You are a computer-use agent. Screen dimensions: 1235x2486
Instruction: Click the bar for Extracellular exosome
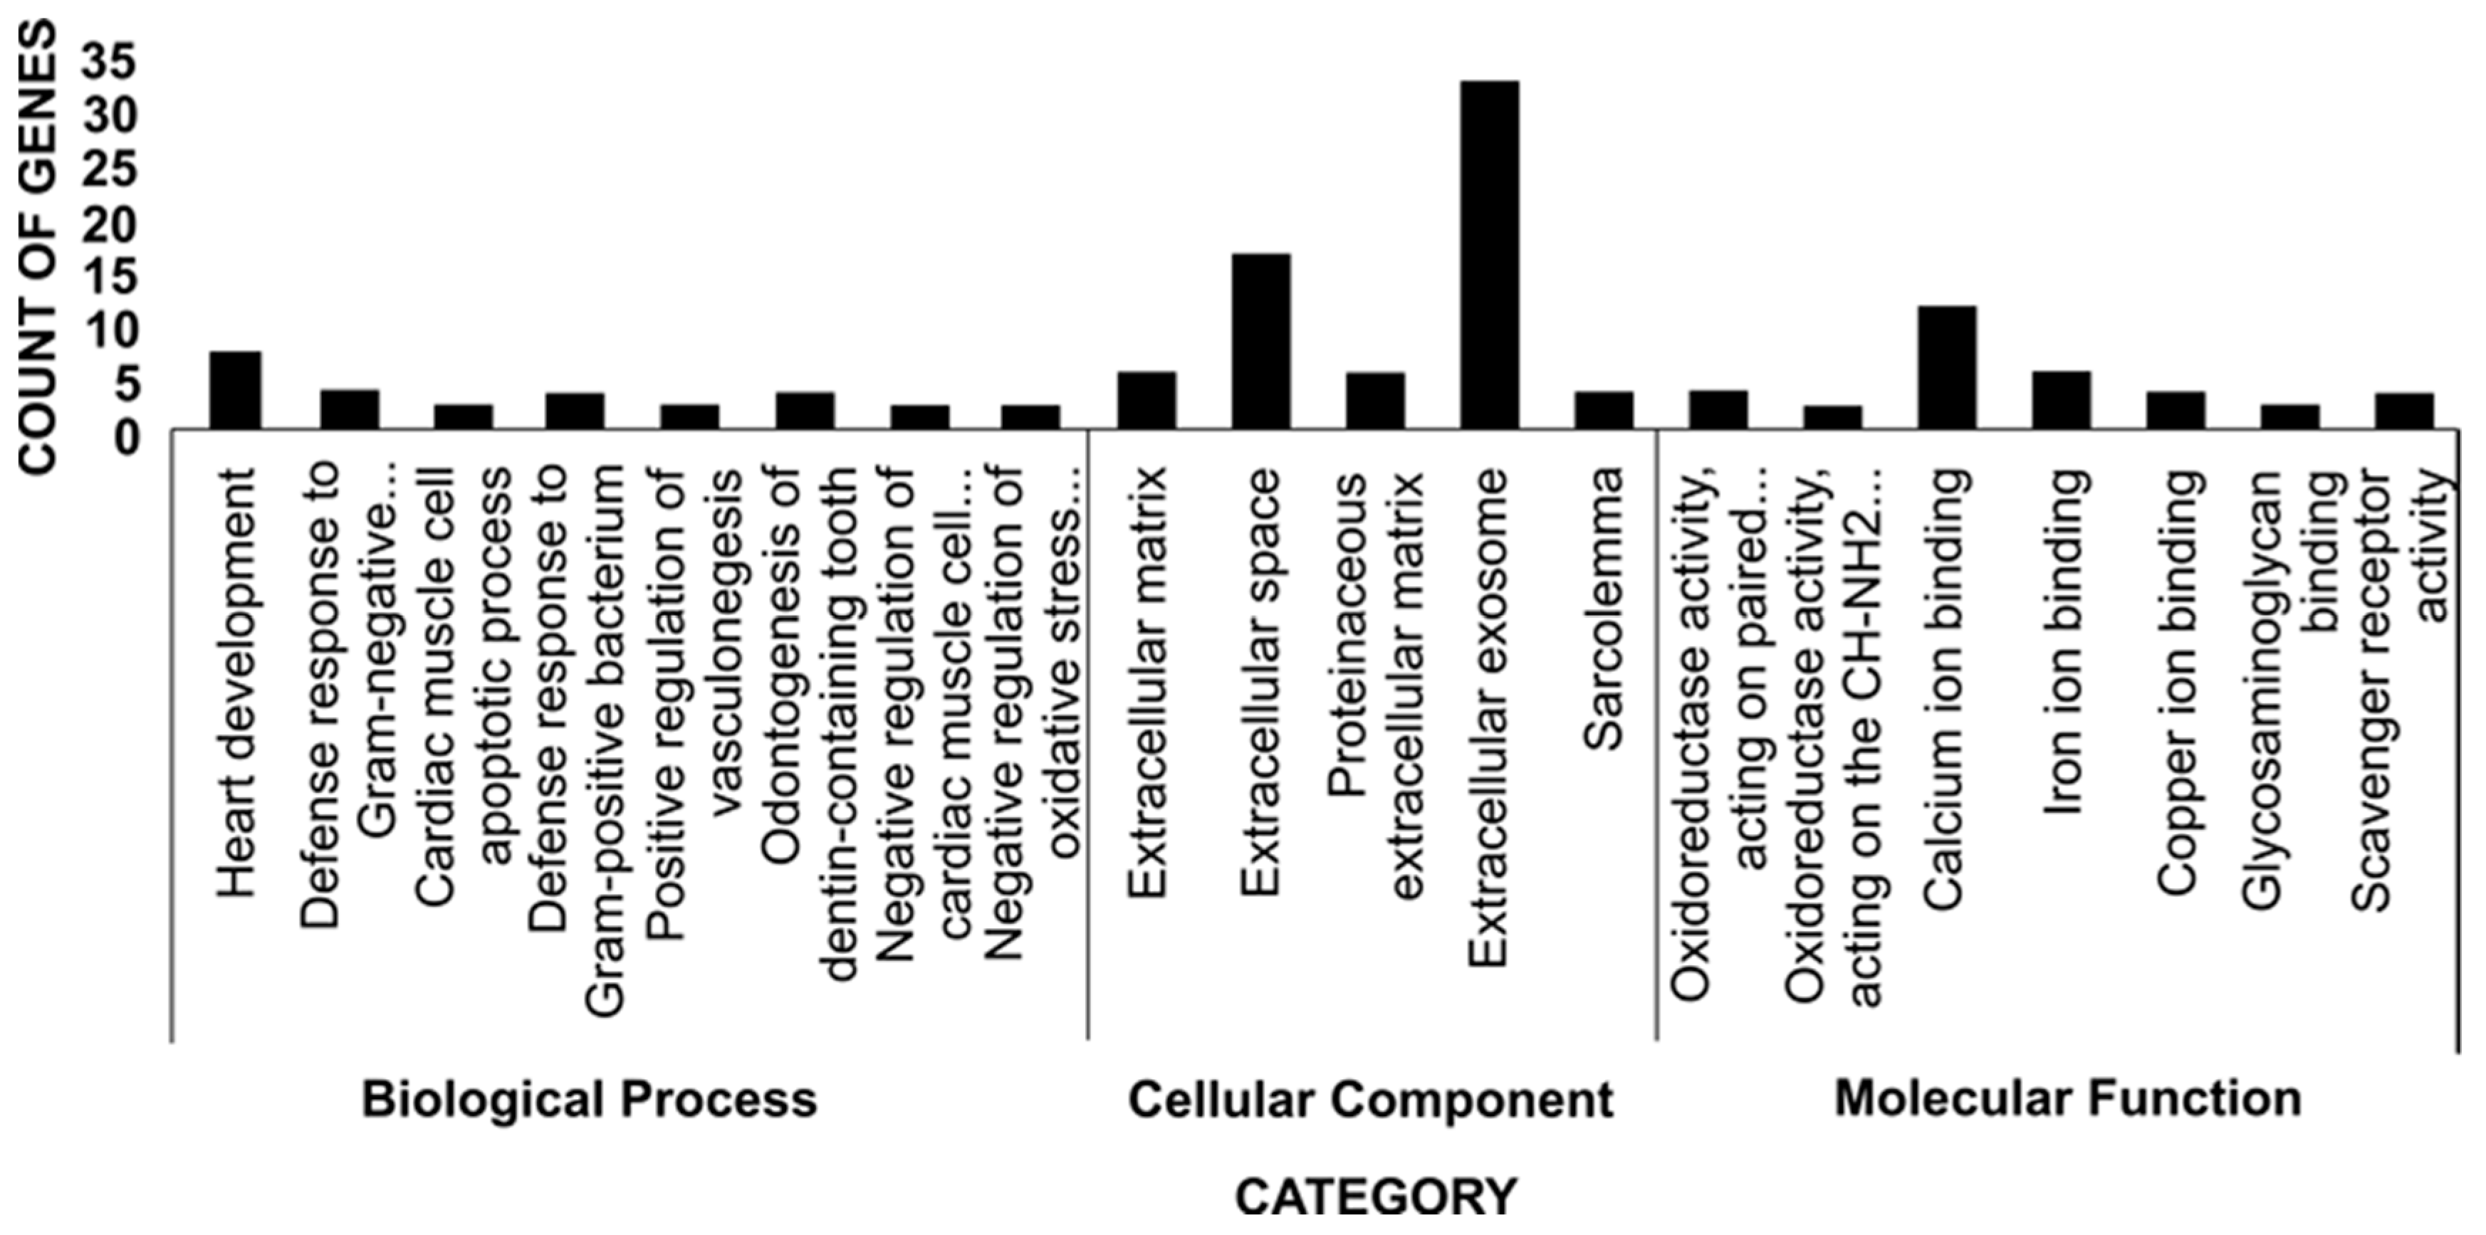click(x=1489, y=255)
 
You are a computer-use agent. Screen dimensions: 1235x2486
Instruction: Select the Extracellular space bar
click(x=1261, y=342)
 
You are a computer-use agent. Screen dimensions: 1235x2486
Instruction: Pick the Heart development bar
click(x=236, y=390)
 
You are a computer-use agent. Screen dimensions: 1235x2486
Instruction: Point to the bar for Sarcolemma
click(x=1604, y=410)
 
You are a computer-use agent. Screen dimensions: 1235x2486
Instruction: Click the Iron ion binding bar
click(x=2062, y=401)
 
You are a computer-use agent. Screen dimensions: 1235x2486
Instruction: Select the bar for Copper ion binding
click(x=2176, y=410)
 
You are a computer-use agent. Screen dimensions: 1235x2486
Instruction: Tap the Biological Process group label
click(x=589, y=1100)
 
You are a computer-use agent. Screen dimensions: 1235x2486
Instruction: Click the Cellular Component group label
click(x=1370, y=1100)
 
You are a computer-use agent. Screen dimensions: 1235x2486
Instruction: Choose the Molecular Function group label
click(x=2067, y=1100)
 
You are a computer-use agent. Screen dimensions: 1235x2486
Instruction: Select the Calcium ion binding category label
click(x=1946, y=689)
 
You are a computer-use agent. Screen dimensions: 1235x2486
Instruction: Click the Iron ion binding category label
click(x=2065, y=641)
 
